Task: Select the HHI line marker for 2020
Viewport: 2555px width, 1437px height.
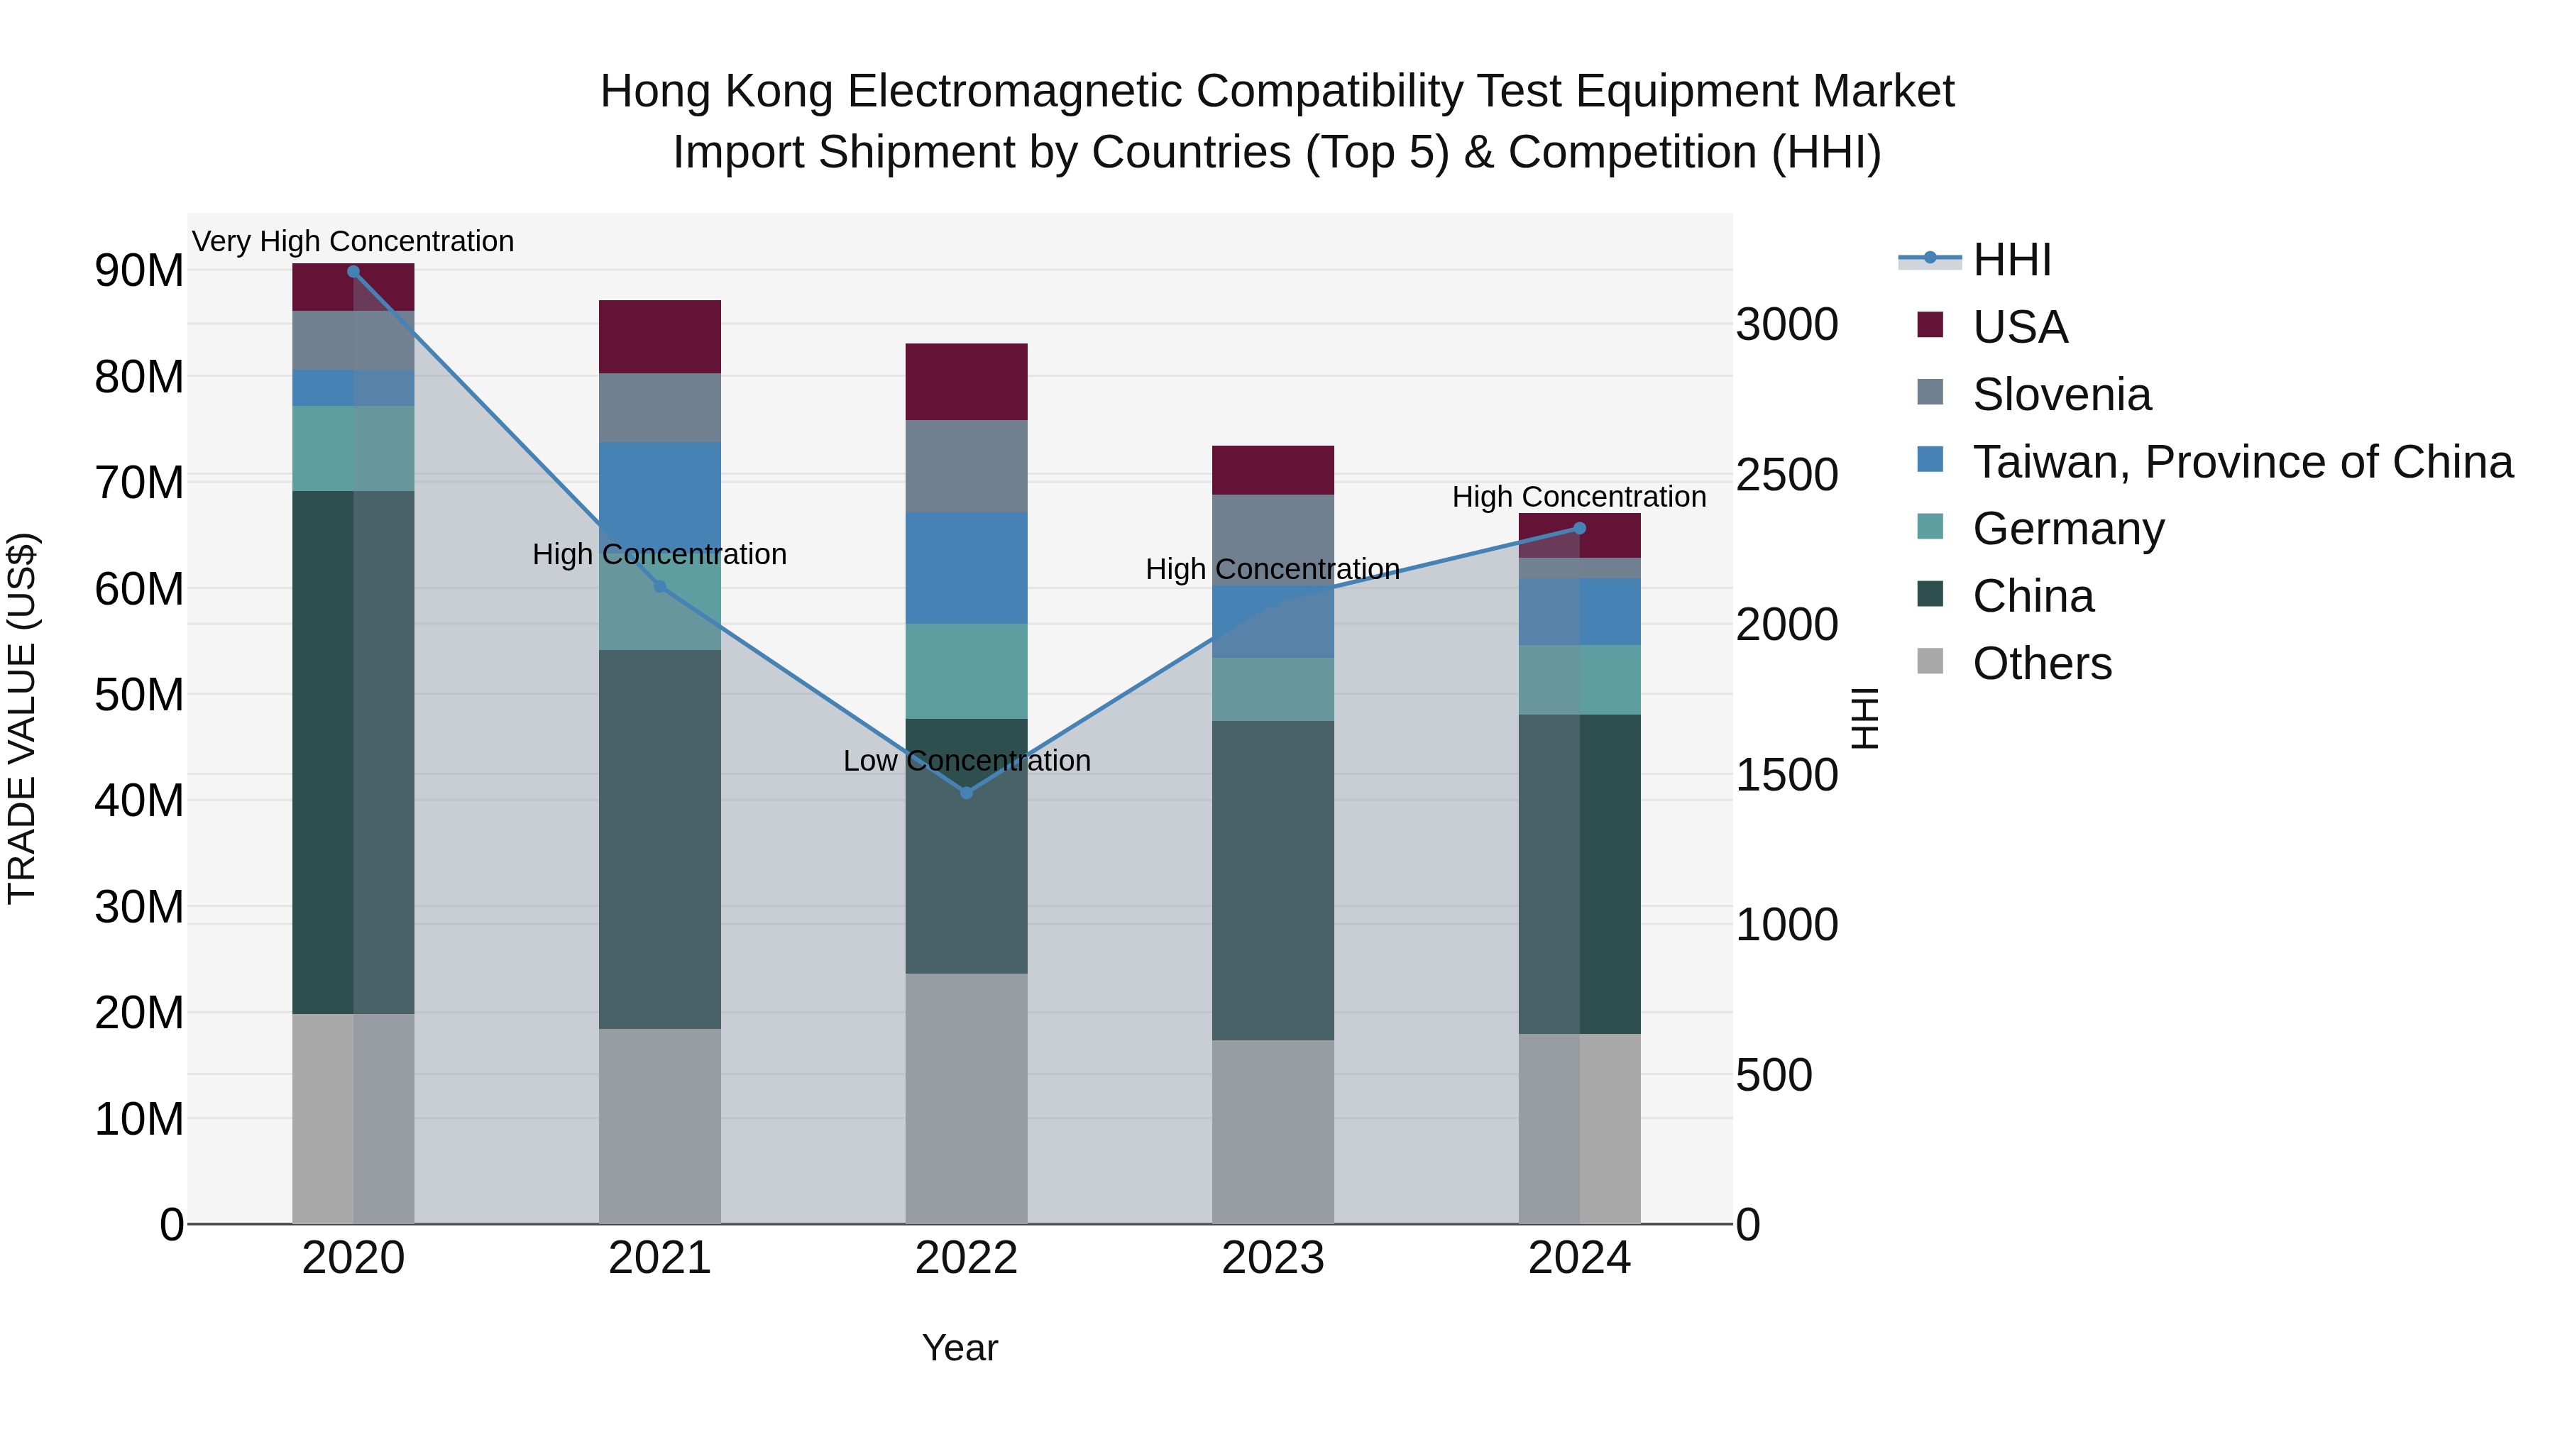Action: click(x=353, y=272)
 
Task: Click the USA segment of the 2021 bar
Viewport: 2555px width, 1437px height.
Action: click(x=659, y=336)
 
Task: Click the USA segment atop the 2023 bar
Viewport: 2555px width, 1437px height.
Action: click(x=1273, y=470)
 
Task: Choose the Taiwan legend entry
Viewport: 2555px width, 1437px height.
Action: click(x=2241, y=462)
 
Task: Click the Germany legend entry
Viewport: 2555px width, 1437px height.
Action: click(x=2068, y=529)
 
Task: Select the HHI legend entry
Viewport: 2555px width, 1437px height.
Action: click(x=2011, y=260)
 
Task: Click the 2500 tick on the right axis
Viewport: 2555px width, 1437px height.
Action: click(x=1786, y=475)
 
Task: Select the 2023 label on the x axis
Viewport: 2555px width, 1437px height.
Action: click(x=1273, y=1258)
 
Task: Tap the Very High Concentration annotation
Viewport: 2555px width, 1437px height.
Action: click(x=353, y=241)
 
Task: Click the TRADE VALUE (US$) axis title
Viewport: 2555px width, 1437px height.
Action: click(x=22, y=718)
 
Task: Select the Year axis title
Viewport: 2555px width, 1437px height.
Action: click(x=959, y=1348)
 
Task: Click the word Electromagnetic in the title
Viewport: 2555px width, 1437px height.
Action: click(x=1016, y=92)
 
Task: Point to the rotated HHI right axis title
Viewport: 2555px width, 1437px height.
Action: click(x=1864, y=718)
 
